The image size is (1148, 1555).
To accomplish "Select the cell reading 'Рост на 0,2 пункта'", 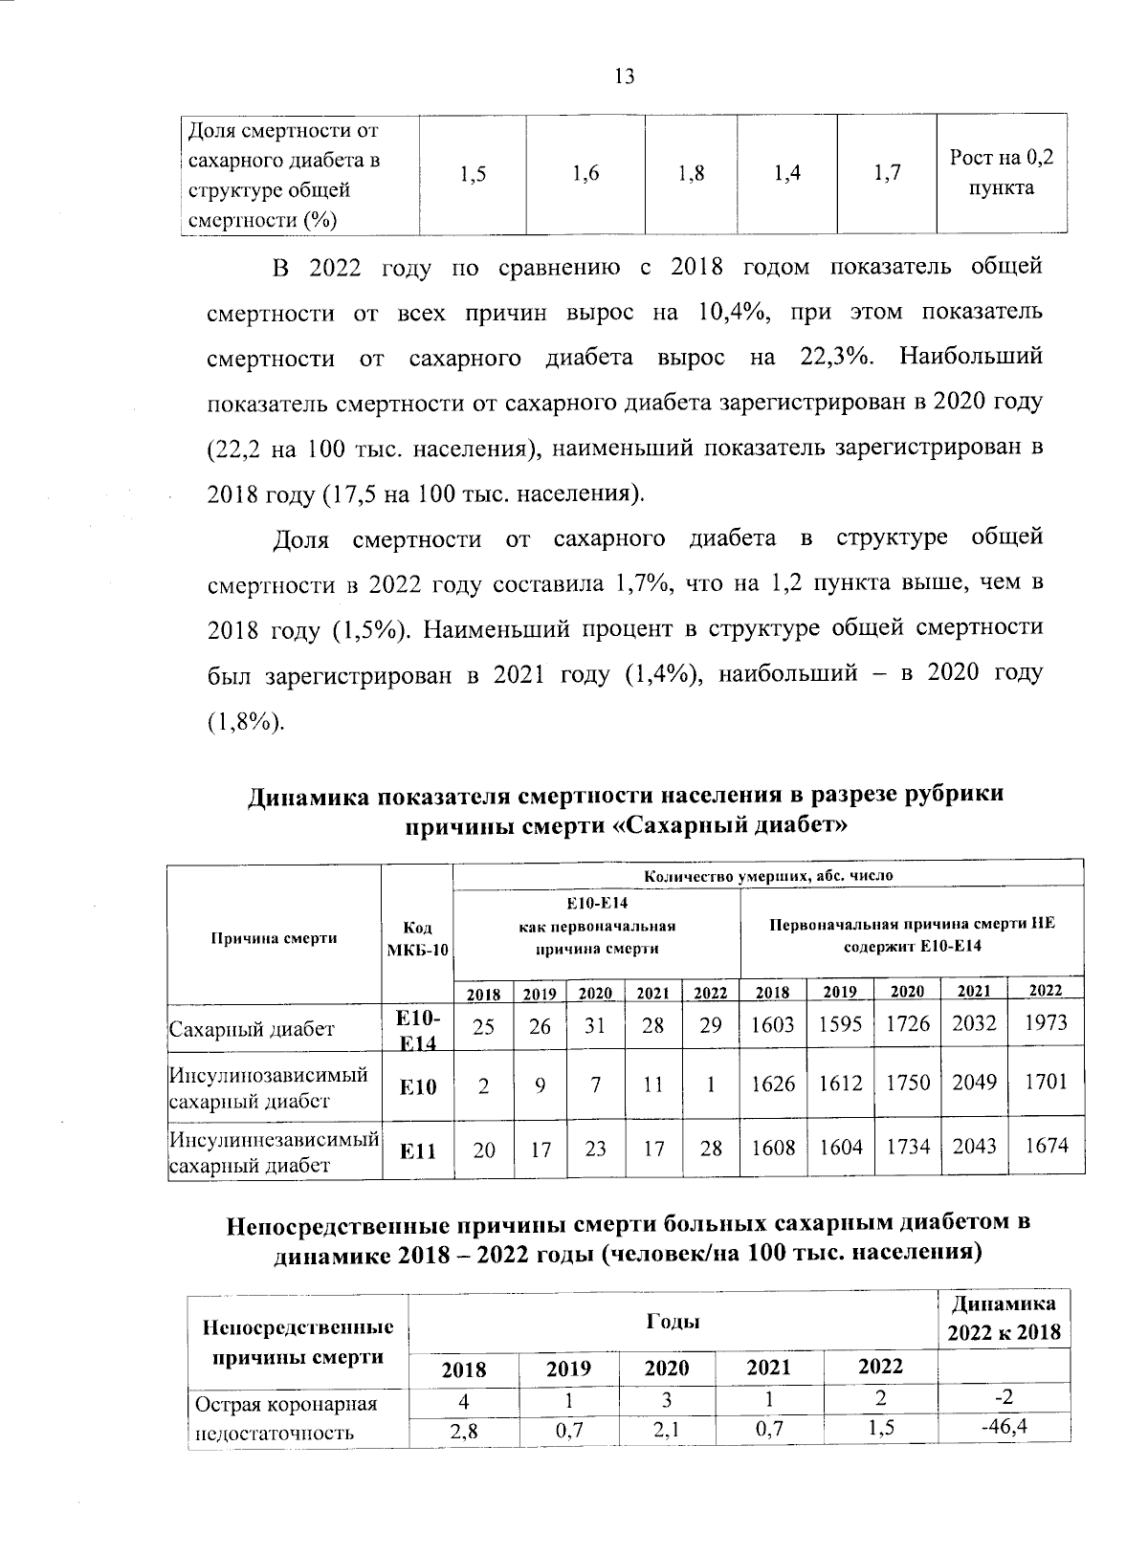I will coord(1001,173).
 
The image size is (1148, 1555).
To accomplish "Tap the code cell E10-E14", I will coord(417,1029).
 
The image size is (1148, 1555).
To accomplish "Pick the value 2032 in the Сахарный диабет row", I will coord(973,1024).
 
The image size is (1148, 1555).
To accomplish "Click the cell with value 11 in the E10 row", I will coord(653,1084).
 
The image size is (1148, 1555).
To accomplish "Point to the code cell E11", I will coord(417,1151).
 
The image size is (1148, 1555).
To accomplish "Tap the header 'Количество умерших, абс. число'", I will coord(768,875).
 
